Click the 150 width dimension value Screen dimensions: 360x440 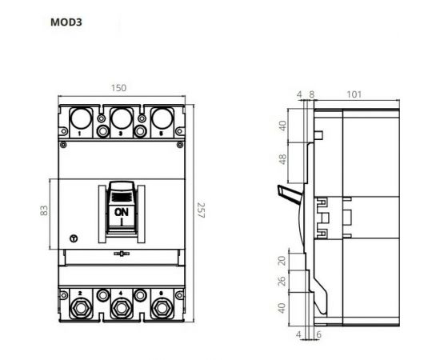pos(120,88)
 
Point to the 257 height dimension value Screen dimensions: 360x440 pos(201,211)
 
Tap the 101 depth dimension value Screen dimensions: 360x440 pos(353,94)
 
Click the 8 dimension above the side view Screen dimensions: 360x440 pos(312,94)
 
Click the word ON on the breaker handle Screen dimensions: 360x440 pos(121,212)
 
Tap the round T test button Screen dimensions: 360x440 pos(74,238)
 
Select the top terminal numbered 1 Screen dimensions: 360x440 pos(81,120)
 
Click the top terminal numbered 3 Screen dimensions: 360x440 pos(121,120)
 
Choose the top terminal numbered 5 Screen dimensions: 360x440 pos(161,120)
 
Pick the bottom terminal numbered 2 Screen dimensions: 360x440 pos(81,307)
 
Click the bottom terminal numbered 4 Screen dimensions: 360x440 pos(121,307)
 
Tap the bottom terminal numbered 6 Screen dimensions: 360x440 pos(161,307)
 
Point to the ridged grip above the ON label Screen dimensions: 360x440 pos(121,193)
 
